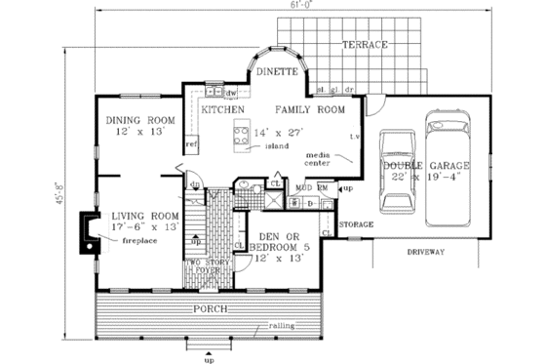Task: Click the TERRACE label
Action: tap(365, 45)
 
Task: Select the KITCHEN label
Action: tap(222, 110)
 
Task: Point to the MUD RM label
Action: tap(311, 185)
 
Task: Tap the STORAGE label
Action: tap(356, 224)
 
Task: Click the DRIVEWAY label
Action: tap(422, 252)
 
